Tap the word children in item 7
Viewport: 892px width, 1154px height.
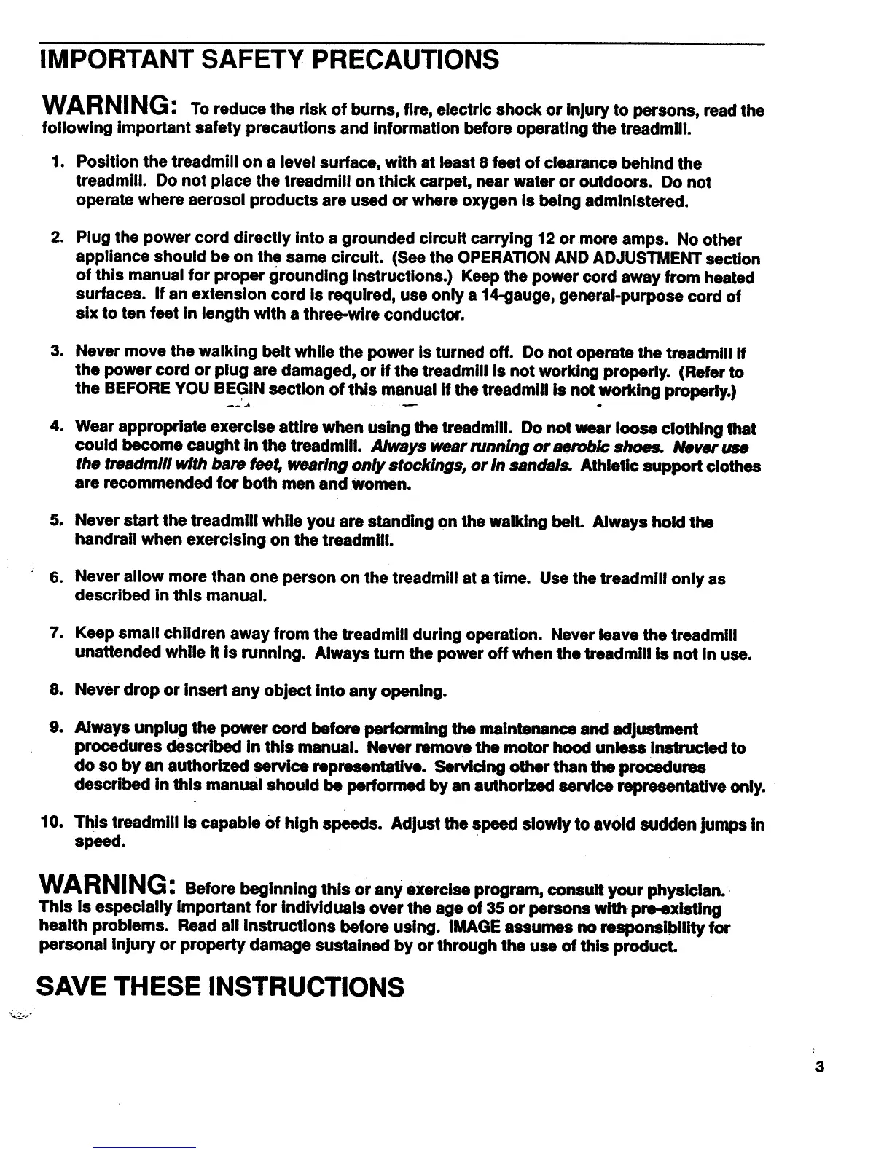click(x=191, y=635)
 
